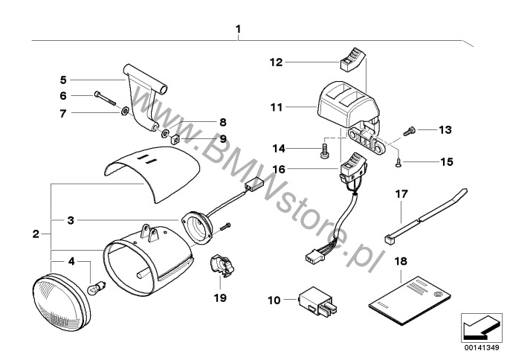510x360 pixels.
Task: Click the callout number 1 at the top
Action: coord(238,30)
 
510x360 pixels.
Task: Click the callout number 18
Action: coord(401,263)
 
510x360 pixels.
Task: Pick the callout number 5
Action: coord(63,78)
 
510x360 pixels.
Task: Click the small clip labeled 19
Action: coord(221,264)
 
